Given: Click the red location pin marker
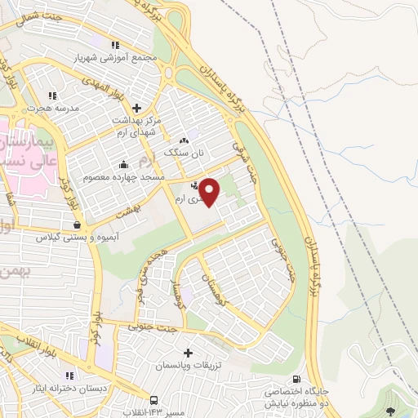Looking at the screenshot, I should (210, 192).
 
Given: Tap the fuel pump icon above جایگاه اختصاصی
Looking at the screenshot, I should (295, 379).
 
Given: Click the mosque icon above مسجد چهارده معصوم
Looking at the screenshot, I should (123, 162).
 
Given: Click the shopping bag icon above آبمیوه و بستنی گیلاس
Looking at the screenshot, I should (76, 225).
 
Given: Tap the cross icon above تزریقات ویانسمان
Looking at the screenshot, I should (189, 354).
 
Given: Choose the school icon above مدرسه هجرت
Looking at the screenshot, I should (53, 95).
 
